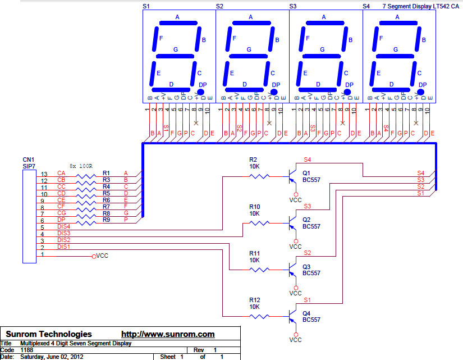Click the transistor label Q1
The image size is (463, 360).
pos(306,172)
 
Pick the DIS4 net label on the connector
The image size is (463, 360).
pos(63,226)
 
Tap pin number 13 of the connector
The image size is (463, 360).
pos(44,174)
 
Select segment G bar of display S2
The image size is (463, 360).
pos(249,57)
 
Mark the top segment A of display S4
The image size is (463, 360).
pos(397,24)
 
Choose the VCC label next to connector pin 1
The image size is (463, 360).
pos(102,256)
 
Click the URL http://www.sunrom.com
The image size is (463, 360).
pos(168,334)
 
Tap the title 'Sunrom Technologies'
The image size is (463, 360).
pos(49,334)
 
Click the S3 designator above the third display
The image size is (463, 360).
pos(293,6)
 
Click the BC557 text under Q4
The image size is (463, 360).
pos(311,319)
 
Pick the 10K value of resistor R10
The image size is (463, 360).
pos(254,213)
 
